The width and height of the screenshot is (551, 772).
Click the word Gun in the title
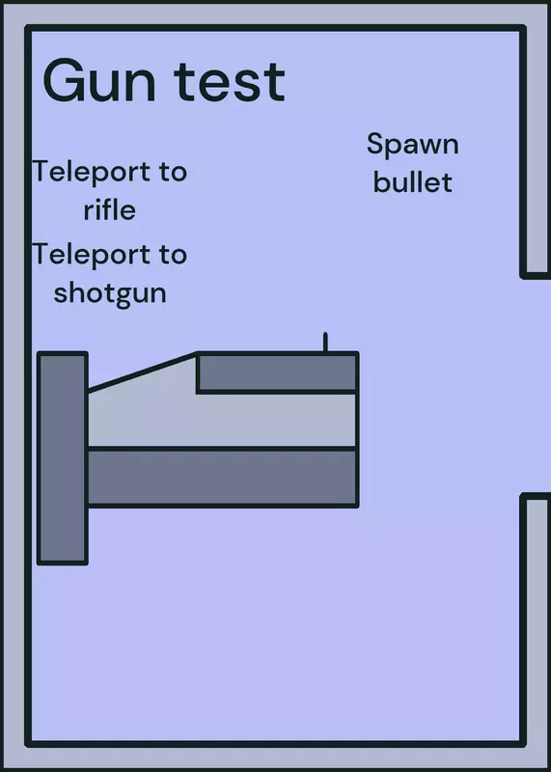point(99,81)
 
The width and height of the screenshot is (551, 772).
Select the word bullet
point(413,182)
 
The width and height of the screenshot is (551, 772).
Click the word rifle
point(109,209)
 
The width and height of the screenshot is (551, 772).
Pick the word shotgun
point(110,294)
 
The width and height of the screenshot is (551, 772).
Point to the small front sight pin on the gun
point(325,343)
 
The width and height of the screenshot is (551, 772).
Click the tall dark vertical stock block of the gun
point(63,457)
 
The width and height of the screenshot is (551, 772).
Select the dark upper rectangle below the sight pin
point(277,372)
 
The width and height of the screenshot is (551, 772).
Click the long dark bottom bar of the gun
point(223,477)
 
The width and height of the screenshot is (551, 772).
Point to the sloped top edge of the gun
point(142,372)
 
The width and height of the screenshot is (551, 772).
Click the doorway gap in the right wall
point(536,385)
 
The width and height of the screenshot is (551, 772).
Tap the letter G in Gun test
point(62,81)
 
